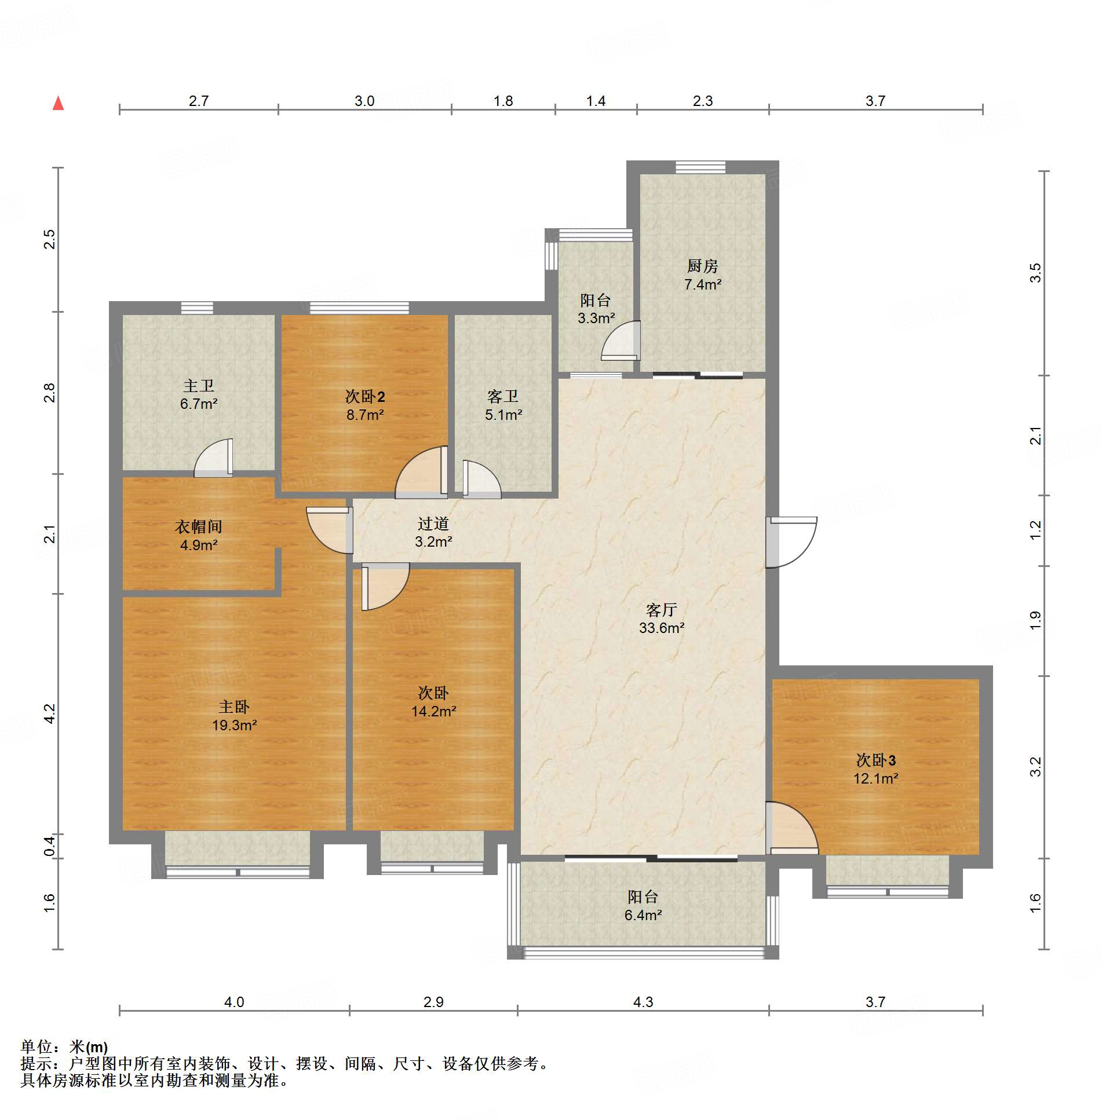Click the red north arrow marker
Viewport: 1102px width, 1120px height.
coord(58,103)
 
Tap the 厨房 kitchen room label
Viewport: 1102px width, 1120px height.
coord(702,275)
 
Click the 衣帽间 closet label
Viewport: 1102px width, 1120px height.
coord(199,536)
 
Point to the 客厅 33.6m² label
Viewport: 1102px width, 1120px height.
coord(662,618)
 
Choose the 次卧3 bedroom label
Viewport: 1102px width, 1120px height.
coord(875,769)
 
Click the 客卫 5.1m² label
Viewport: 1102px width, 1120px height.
coord(503,405)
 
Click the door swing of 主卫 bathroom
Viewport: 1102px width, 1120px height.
coord(213,457)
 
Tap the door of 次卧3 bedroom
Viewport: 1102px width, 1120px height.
coord(792,828)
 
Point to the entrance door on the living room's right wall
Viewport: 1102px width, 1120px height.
coord(791,542)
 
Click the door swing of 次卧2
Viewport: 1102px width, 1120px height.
coord(422,472)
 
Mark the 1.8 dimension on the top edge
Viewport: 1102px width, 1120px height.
coord(503,101)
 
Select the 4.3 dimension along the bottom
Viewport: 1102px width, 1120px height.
coord(643,1002)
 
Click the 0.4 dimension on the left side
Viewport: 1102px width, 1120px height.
coord(50,846)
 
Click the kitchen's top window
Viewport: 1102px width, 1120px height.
coord(700,167)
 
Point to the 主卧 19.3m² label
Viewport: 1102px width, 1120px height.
coord(234,716)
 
